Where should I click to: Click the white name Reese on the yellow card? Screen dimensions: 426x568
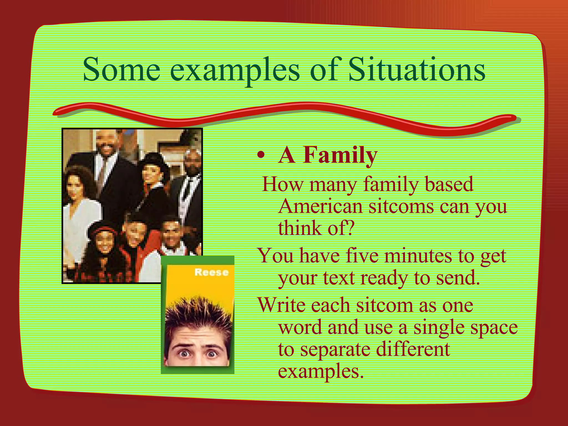(x=211, y=272)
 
